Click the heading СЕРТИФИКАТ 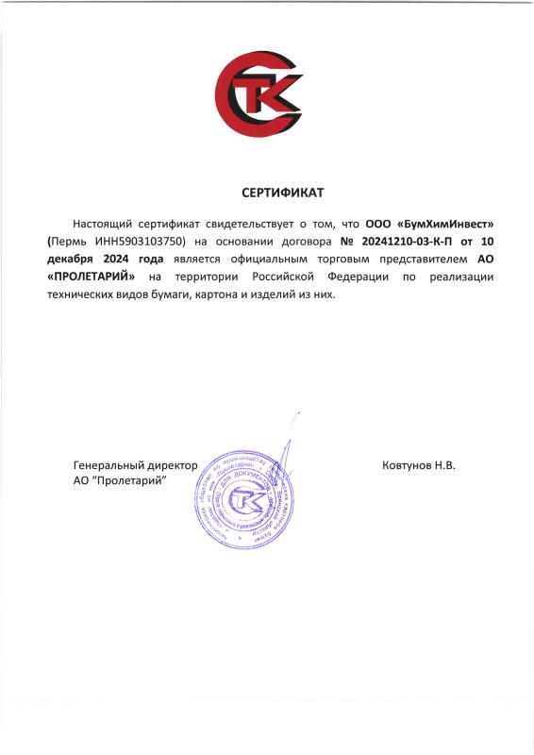[x=282, y=193]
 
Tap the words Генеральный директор [x=135, y=465]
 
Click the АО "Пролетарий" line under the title [x=119, y=480]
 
